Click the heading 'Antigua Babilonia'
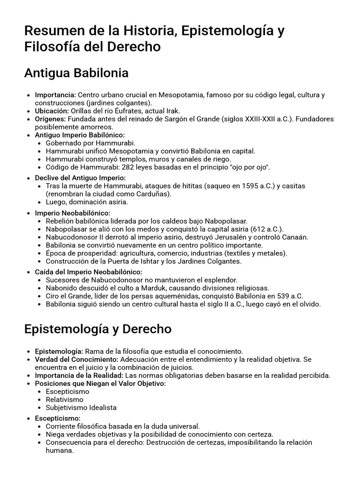[x=76, y=74]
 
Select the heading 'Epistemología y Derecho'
[x=97, y=329]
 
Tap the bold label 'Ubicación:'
[x=52, y=111]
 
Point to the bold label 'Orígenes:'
[x=51, y=119]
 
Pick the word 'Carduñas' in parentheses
[x=155, y=194]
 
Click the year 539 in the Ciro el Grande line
[x=282, y=296]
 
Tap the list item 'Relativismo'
[x=65, y=400]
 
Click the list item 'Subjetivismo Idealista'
[x=81, y=408]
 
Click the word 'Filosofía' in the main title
[x=53, y=47]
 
